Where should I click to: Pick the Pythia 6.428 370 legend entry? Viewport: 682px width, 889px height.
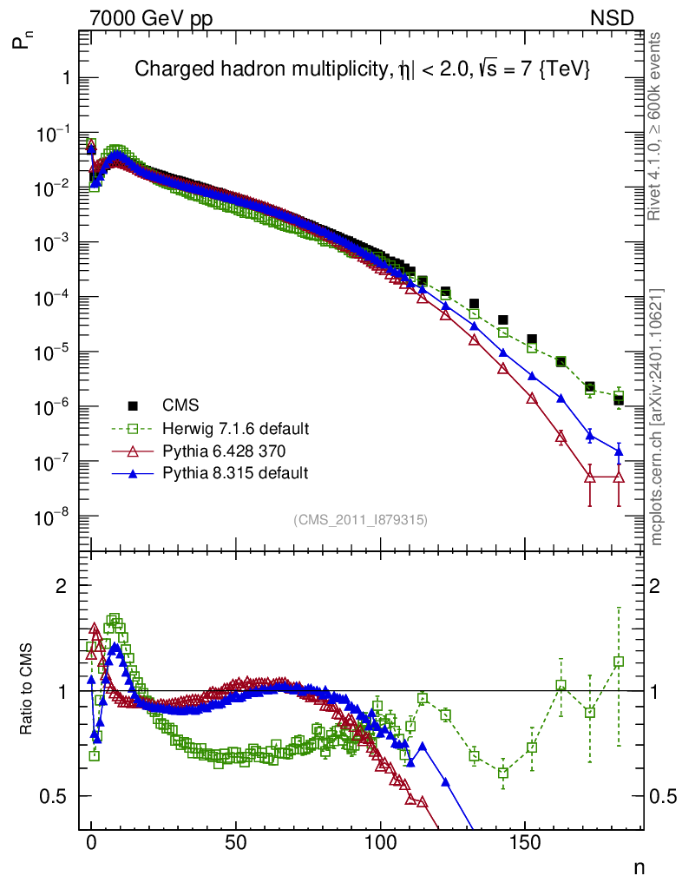coord(226,451)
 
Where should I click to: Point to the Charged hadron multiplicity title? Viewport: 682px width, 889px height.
coord(363,70)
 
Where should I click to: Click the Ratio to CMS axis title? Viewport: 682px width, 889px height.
coord(28,690)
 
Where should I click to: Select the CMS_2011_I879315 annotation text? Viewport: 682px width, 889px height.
coord(360,519)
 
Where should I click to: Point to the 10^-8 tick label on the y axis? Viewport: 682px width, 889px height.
coord(51,517)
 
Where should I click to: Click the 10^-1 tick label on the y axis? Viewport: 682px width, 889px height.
coord(51,134)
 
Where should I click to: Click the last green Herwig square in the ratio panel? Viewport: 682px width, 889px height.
coord(619,662)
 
